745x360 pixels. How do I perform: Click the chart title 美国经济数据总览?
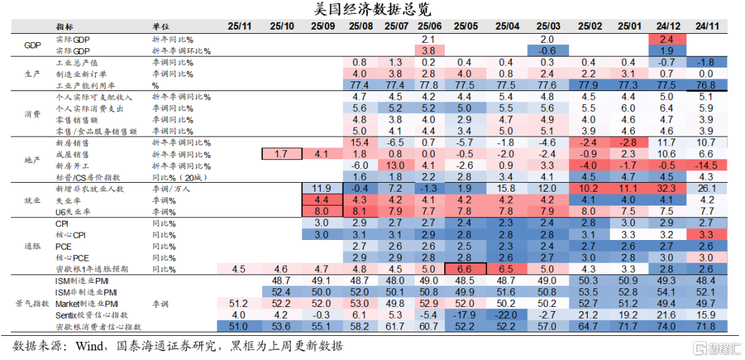point(372,9)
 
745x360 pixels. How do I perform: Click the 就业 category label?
point(32,200)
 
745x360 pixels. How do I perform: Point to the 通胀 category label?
point(32,246)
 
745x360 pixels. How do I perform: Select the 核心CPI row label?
point(68,234)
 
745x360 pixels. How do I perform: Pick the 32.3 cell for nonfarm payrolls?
point(666,188)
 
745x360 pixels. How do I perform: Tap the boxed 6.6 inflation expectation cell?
point(466,269)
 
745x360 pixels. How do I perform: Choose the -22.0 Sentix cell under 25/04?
point(508,314)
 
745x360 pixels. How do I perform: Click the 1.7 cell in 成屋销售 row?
point(281,154)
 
